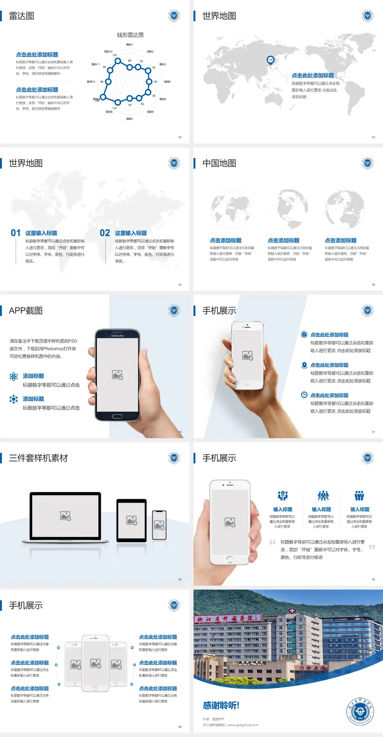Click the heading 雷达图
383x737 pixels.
click(22, 16)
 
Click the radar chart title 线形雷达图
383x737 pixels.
click(130, 35)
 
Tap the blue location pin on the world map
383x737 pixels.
click(270, 60)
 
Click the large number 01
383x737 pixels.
click(16, 233)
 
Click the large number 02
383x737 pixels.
click(105, 233)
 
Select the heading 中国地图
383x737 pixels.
click(219, 163)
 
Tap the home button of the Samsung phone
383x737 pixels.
click(117, 416)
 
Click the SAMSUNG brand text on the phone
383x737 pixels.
click(117, 336)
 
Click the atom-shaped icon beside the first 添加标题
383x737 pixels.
click(14, 376)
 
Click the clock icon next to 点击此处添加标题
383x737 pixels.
click(304, 395)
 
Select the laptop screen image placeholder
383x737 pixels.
click(65, 516)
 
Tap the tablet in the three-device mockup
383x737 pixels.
click(132, 520)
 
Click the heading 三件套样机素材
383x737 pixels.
click(38, 458)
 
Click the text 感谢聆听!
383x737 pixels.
click(221, 706)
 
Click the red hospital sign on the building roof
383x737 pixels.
click(227, 618)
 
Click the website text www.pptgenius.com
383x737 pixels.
click(243, 725)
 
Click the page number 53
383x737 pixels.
click(373, 137)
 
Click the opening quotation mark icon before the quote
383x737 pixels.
click(272, 542)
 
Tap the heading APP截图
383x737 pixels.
click(26, 311)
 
